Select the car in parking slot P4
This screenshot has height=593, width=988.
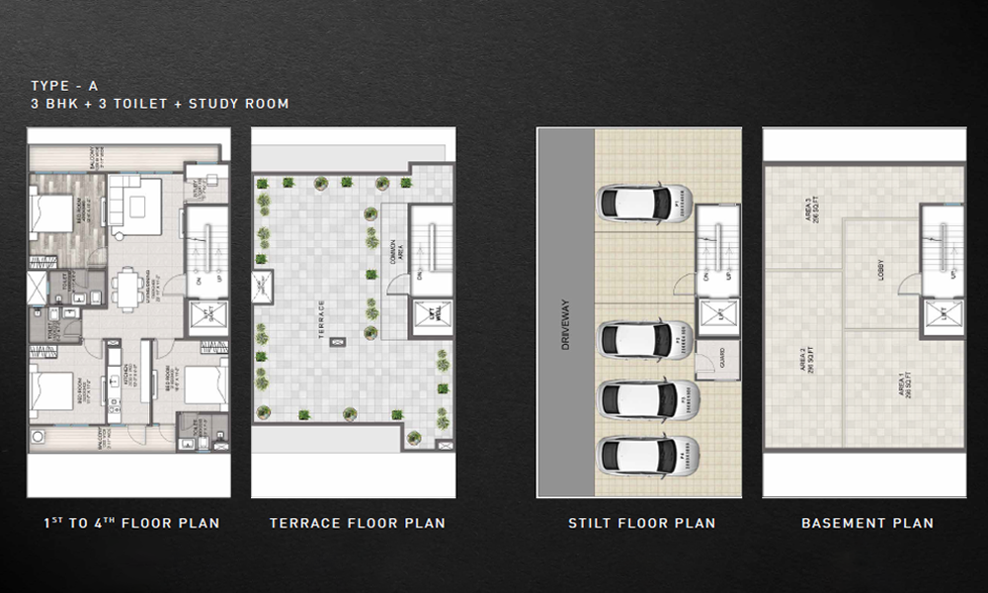tap(649, 456)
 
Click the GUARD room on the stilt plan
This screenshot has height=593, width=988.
tap(710, 363)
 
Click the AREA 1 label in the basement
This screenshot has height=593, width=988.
tap(903, 381)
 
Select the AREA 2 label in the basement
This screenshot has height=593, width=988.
tap(807, 364)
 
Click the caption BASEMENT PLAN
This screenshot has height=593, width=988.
tap(866, 523)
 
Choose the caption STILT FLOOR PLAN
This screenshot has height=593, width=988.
tap(641, 523)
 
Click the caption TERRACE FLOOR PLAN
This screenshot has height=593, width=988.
tap(357, 523)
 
